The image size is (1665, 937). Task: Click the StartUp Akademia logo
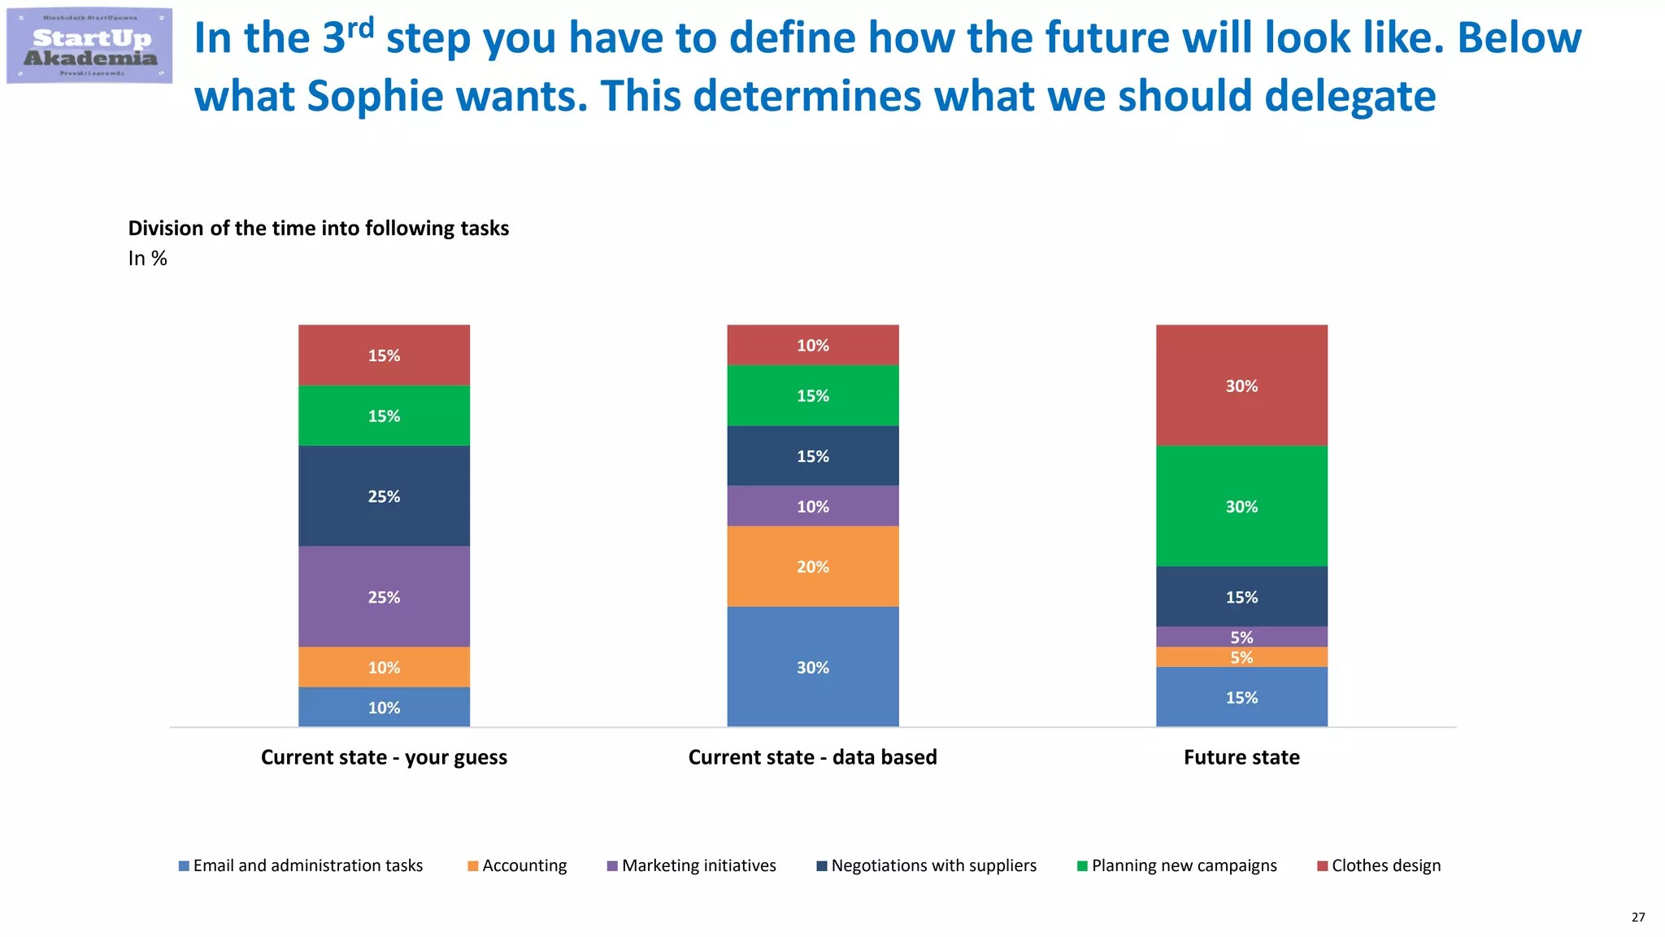pos(89,46)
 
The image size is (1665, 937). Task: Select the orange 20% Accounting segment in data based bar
pos(812,567)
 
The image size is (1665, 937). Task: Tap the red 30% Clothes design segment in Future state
pos(1241,386)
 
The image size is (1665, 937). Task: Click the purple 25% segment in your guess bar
pos(384,597)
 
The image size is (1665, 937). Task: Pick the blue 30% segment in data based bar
pos(812,667)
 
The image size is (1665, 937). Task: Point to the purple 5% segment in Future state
pos(1241,637)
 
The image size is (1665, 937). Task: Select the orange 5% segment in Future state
pos(1241,657)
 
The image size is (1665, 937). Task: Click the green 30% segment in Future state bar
pos(1241,506)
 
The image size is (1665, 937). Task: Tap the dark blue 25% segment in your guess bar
pos(384,496)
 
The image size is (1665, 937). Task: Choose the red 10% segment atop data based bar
pos(812,345)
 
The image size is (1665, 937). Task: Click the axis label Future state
pos(1241,757)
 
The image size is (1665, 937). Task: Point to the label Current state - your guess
pos(384,757)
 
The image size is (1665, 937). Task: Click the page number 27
pos(1637,917)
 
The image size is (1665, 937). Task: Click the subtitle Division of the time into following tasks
pos(319,229)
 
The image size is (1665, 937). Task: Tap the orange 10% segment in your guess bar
pos(384,667)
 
